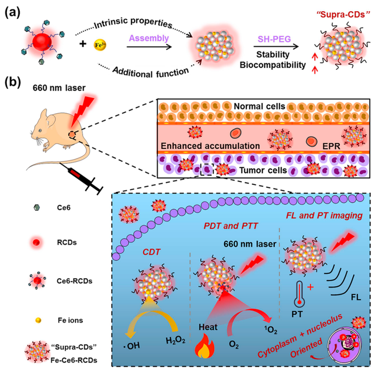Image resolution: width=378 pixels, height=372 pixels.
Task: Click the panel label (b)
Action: click(x=12, y=81)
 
